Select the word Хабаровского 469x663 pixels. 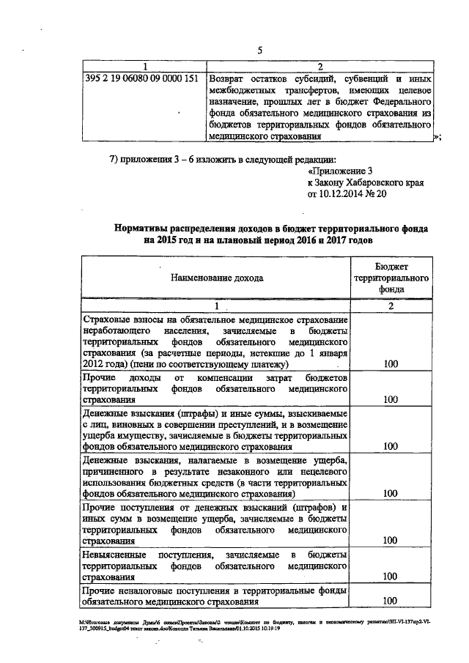(x=374, y=184)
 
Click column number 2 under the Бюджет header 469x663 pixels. (x=391, y=305)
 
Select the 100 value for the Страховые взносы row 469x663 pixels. (x=390, y=364)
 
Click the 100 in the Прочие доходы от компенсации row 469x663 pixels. (x=390, y=400)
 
